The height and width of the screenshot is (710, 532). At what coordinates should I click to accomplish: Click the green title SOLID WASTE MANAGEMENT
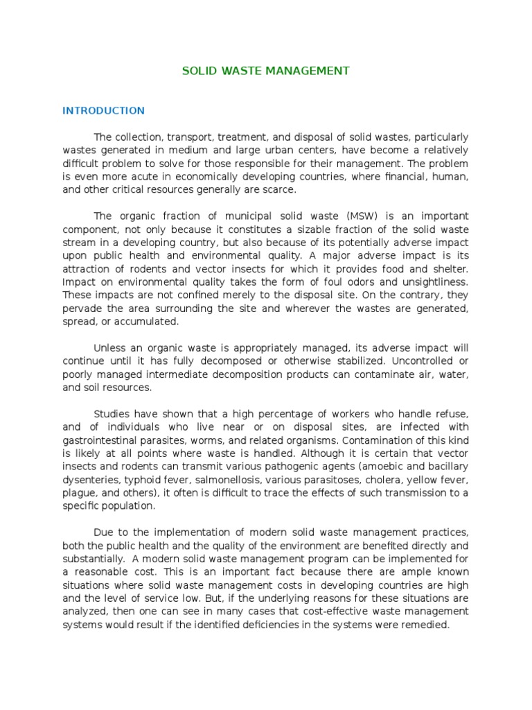coord(265,71)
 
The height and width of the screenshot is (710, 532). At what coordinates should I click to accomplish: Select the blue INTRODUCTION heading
coord(103,110)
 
